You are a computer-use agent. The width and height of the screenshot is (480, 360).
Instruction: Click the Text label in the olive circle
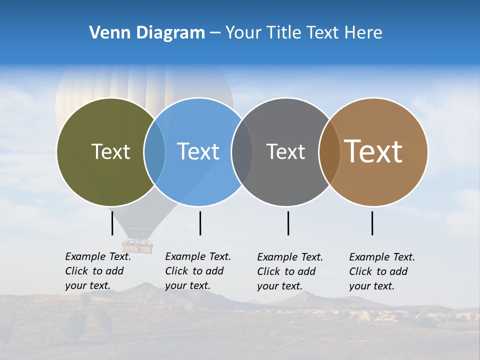click(110, 151)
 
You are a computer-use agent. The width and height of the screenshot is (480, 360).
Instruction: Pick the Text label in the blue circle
click(198, 151)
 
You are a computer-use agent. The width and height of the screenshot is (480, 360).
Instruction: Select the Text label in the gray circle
click(285, 151)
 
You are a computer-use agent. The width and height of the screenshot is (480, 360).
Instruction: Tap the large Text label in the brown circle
click(373, 151)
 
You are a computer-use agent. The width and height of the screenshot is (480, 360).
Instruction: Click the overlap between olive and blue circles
click(154, 152)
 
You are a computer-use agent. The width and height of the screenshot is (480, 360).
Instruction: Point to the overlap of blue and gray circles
click(242, 152)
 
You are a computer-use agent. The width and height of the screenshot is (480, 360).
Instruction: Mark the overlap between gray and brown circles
click(329, 152)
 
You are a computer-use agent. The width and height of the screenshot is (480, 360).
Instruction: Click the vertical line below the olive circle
click(112, 223)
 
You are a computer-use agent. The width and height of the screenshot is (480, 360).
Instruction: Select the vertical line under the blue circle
click(200, 223)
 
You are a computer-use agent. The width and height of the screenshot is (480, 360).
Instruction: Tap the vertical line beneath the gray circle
click(288, 223)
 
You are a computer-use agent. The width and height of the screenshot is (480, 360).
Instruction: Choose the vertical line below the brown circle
click(372, 223)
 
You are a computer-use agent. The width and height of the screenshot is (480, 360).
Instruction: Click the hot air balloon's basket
click(137, 246)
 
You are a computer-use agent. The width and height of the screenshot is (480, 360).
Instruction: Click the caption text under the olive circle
click(98, 271)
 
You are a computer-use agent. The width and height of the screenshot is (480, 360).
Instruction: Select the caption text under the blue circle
click(198, 271)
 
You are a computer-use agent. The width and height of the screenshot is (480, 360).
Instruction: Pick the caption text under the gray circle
click(290, 271)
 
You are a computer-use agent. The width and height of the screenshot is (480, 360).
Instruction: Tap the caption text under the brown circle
click(382, 271)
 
